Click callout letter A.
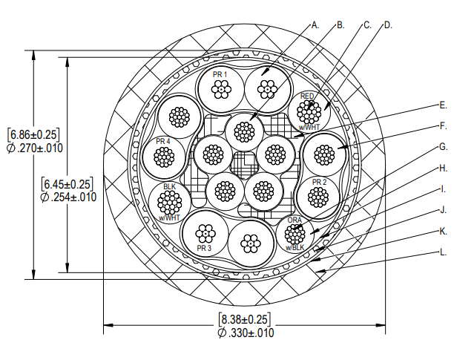[315, 24]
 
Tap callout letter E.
[443, 105]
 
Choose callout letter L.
[444, 252]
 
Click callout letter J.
[443, 210]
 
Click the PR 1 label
[220, 75]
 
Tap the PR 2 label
[320, 181]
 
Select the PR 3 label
[205, 247]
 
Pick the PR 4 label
[163, 141]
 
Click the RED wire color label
[307, 96]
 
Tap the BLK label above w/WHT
[169, 186]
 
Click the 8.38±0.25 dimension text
[245, 319]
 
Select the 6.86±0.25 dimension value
[33, 134]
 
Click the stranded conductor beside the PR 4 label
[163, 157]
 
